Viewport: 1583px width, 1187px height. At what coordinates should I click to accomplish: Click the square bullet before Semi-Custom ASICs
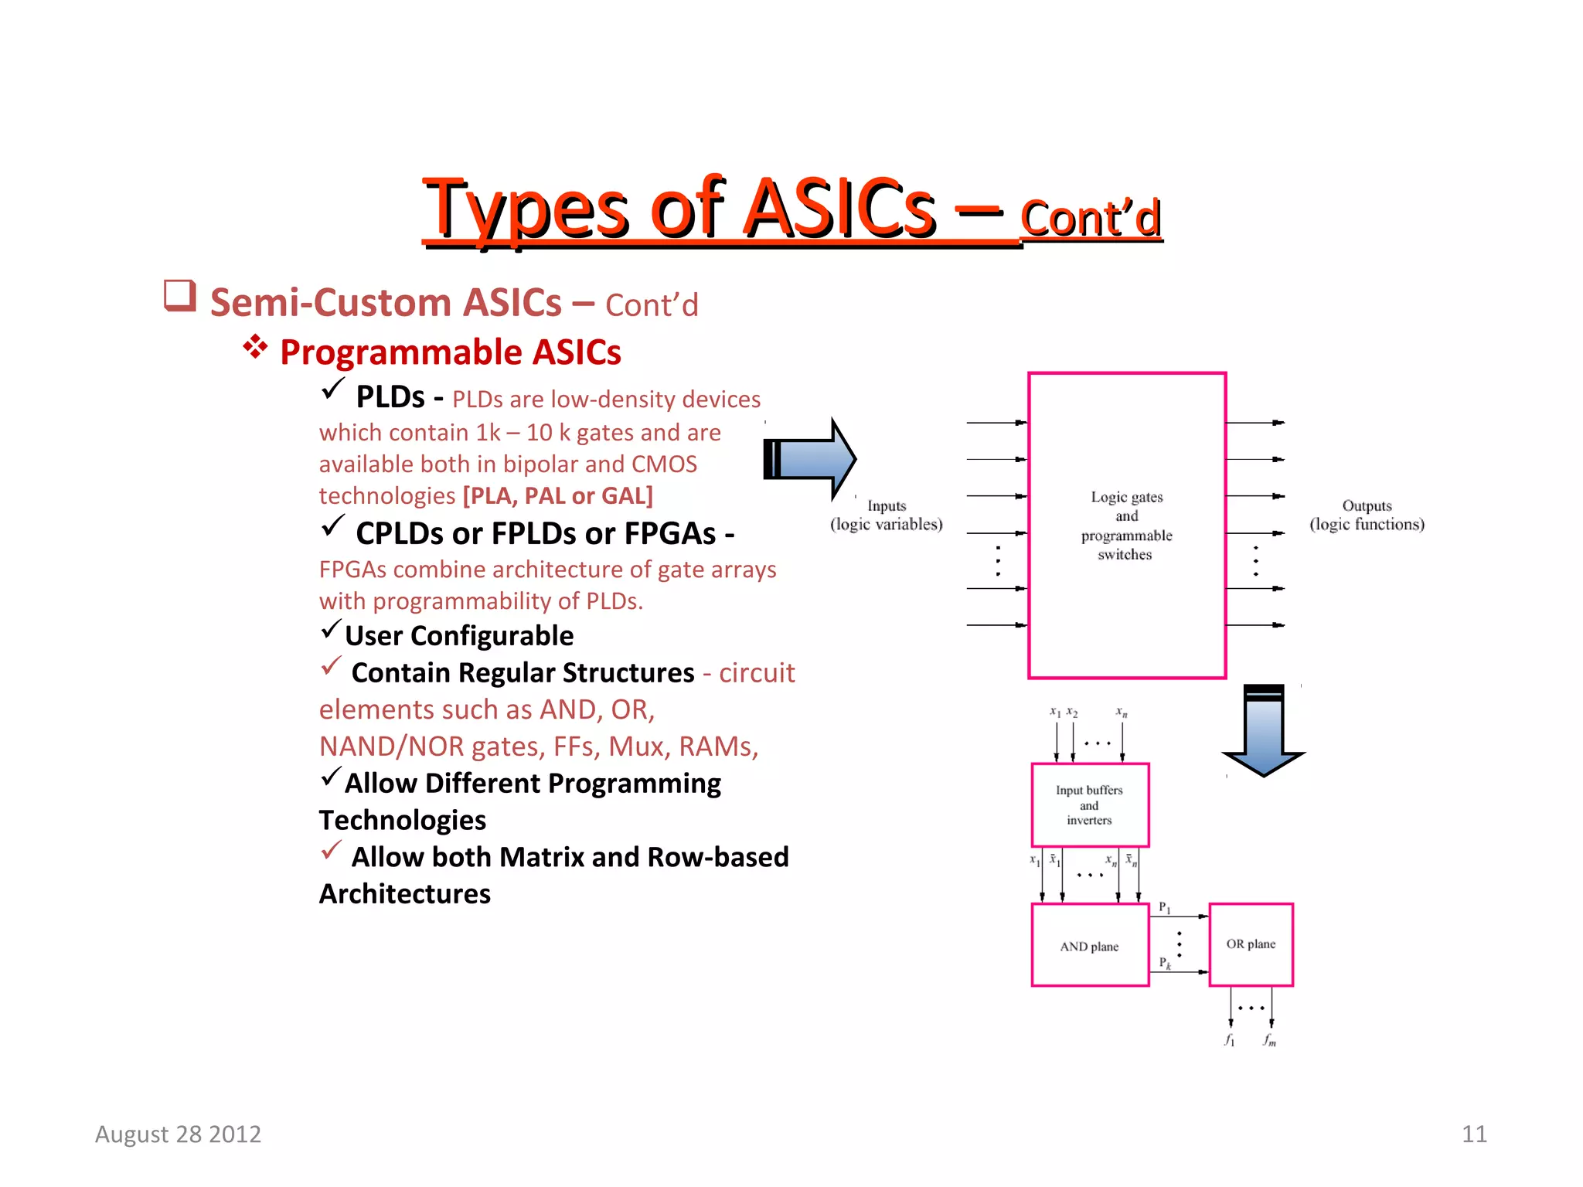click(179, 297)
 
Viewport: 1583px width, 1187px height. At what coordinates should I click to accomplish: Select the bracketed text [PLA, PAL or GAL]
click(557, 495)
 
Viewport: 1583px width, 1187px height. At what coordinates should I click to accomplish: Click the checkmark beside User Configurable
click(331, 630)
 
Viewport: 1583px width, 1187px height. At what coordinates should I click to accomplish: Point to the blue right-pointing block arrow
click(809, 459)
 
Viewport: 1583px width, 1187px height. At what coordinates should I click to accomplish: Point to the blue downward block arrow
click(1263, 730)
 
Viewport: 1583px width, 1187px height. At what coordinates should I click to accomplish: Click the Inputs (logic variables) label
click(886, 515)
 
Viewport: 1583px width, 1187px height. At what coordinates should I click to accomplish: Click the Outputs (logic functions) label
click(1366, 515)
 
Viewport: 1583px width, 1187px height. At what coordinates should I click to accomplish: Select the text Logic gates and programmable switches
click(1126, 525)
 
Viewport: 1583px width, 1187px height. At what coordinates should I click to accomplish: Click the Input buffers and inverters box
click(1089, 805)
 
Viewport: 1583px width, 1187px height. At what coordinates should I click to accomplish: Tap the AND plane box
click(1089, 946)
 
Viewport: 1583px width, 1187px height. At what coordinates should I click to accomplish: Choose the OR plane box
click(1250, 944)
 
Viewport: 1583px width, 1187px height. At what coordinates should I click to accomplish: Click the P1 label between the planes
click(1164, 908)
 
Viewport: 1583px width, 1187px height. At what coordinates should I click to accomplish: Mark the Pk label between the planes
click(1164, 963)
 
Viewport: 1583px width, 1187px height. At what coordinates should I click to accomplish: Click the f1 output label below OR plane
click(1229, 1040)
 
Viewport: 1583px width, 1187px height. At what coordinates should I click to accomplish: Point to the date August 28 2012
click(178, 1134)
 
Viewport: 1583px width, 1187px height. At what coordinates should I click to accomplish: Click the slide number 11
click(1474, 1134)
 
